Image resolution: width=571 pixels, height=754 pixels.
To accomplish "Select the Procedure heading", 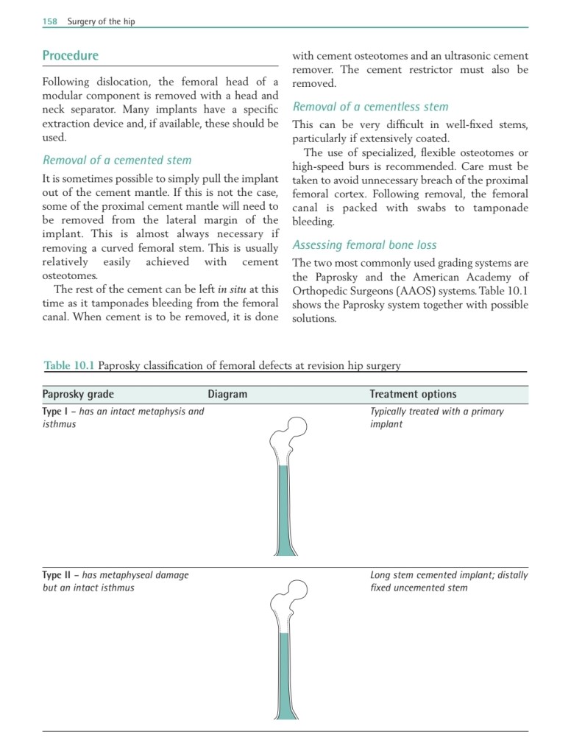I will click(70, 55).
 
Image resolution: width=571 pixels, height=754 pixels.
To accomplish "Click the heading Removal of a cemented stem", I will click(117, 160).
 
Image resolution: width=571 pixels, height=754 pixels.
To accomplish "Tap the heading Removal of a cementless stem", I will click(370, 107).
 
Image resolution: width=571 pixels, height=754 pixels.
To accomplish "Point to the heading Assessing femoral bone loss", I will click(364, 245).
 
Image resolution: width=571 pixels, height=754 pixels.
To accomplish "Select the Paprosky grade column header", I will click(78, 395).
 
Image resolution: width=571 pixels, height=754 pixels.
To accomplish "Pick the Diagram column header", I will click(227, 395).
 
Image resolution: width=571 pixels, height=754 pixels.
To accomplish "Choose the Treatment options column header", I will click(413, 395).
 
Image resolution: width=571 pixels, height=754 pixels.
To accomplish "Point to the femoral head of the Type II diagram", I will click(297, 591).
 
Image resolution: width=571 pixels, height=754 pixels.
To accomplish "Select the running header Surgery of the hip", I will click(101, 21).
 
